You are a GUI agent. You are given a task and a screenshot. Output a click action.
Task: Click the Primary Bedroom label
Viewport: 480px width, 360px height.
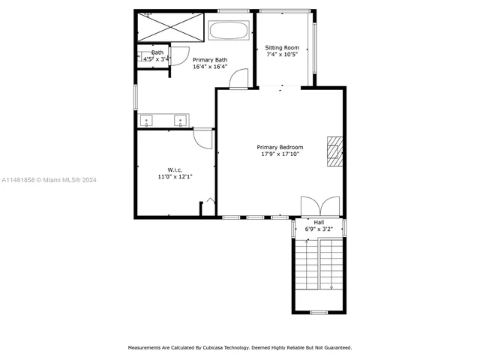pyautogui.click(x=280, y=147)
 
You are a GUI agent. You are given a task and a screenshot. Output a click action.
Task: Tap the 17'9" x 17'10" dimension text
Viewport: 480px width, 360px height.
pyautogui.click(x=280, y=154)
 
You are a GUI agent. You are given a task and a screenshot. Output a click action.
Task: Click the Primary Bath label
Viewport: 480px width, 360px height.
pyautogui.click(x=210, y=59)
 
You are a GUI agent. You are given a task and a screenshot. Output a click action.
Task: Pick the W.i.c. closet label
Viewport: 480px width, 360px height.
pyautogui.click(x=175, y=169)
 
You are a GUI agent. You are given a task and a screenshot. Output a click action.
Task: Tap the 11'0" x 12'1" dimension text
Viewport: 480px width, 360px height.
pyautogui.click(x=175, y=176)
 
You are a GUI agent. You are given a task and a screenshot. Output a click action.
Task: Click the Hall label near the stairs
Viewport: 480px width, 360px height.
pyautogui.click(x=319, y=222)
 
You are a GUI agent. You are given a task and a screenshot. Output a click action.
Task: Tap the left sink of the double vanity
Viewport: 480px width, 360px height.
pyautogui.click(x=147, y=119)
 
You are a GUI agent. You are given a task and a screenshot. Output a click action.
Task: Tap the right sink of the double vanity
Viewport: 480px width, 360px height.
pyautogui.click(x=181, y=119)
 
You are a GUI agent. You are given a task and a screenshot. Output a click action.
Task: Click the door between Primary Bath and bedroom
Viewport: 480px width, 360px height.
pyautogui.click(x=238, y=79)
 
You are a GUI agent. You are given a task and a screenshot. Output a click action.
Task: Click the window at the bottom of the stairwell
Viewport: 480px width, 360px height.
pyautogui.click(x=319, y=312)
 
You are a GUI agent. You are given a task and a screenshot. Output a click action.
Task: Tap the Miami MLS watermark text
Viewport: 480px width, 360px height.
pyautogui.click(x=49, y=180)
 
